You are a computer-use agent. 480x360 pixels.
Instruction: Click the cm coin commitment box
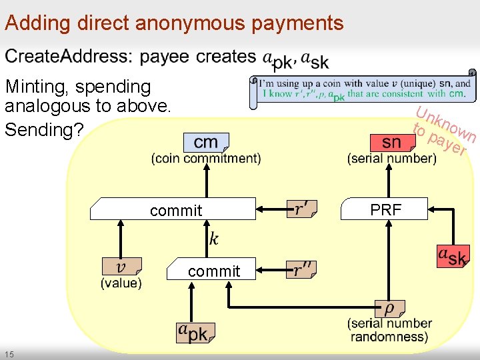[205, 142]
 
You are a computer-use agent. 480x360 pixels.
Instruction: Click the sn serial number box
[391, 142]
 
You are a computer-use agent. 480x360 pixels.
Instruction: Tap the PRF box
[385, 209]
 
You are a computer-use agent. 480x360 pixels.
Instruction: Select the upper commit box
[175, 210]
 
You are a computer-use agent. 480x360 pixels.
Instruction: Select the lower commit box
[213, 271]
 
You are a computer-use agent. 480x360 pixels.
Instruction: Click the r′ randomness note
[301, 209]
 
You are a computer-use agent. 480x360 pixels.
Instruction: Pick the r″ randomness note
[301, 269]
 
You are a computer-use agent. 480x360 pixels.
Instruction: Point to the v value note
[121, 267]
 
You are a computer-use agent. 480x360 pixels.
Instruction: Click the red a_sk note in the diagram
[453, 256]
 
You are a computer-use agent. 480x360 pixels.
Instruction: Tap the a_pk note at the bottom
[194, 332]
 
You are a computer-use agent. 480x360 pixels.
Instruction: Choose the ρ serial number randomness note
[389, 309]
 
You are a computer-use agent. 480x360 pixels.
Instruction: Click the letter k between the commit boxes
[213, 239]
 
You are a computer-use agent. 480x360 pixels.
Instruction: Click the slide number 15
[9, 353]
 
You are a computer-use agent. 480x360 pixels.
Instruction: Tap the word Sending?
[44, 129]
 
